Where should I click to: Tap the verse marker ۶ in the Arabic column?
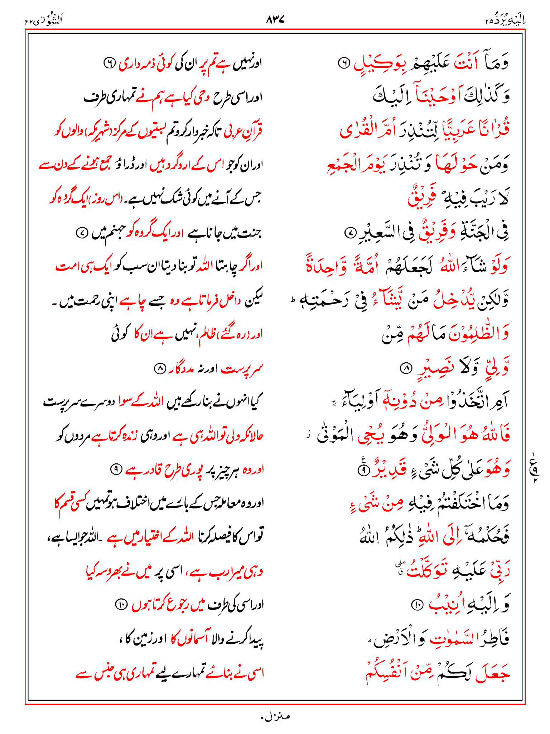click(x=343, y=63)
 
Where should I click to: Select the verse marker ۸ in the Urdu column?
click(x=159, y=368)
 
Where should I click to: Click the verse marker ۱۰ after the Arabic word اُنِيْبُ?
click(x=417, y=605)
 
